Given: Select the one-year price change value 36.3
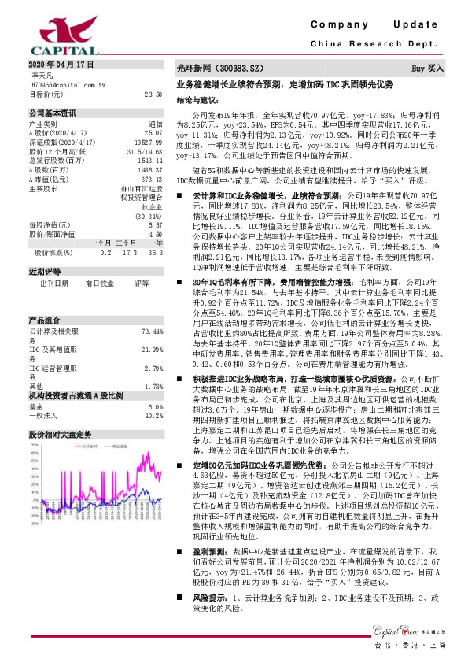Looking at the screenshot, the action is point(154,252).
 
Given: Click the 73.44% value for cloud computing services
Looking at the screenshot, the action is point(151,332).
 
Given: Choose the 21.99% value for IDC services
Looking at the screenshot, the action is point(151,349).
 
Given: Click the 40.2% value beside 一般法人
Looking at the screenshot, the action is point(153,416).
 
